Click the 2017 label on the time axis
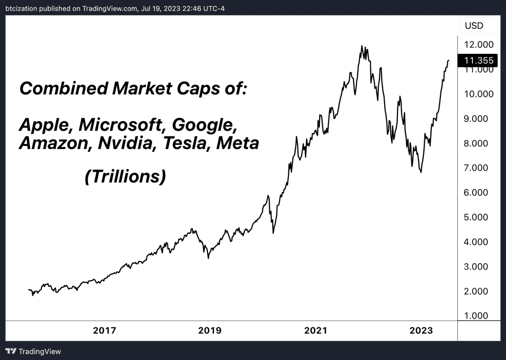pyautogui.click(x=105, y=331)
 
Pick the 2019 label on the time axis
pyautogui.click(x=210, y=331)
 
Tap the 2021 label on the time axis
pyautogui.click(x=315, y=331)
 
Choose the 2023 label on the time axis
pyautogui.click(x=421, y=331)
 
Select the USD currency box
pyautogui.click(x=474, y=26)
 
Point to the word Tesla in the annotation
pyautogui.click(x=186, y=143)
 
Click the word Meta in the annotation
pyautogui.click(x=238, y=143)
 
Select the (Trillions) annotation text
pyautogui.click(x=125, y=176)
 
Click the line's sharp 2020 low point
pyautogui.click(x=273, y=233)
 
